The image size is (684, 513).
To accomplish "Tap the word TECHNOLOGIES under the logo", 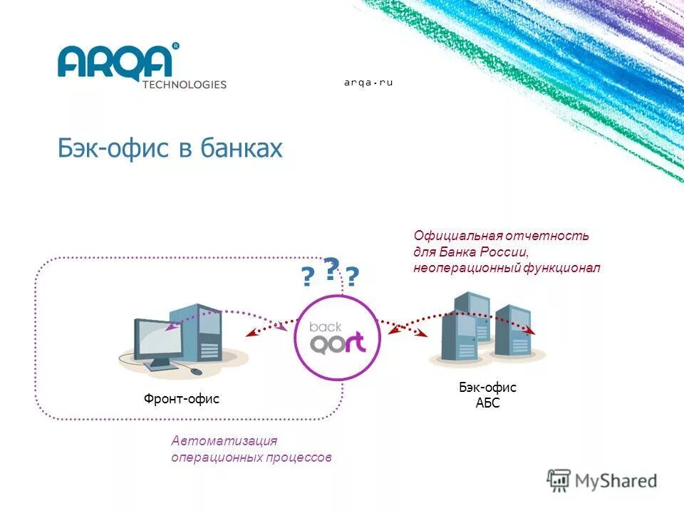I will (184, 84).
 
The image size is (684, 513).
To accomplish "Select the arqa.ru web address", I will (368, 83).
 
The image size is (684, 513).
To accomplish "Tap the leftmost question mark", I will (307, 277).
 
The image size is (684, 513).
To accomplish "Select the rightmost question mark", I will (353, 277).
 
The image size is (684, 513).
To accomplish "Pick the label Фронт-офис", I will (182, 400).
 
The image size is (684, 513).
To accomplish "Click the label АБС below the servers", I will (487, 403).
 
